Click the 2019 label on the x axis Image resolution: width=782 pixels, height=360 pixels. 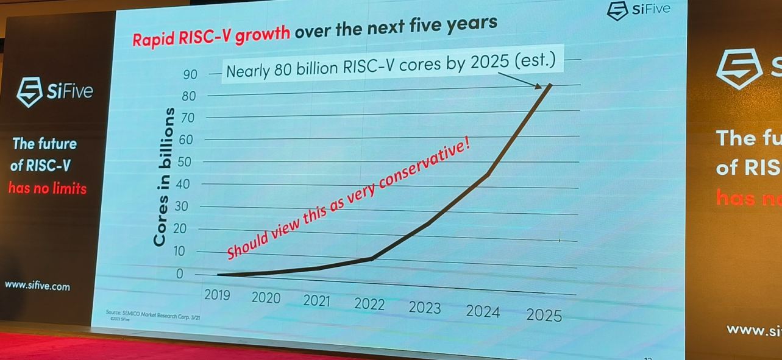(217, 294)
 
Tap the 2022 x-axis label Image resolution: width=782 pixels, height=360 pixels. (369, 304)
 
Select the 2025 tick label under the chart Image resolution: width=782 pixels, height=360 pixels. (544, 315)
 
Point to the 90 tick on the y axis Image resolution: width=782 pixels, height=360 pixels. (191, 75)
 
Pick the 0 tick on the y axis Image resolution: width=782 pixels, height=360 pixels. (179, 274)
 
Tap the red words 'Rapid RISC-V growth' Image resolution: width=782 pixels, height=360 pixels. (211, 35)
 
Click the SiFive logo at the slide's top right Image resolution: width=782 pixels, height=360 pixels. (639, 10)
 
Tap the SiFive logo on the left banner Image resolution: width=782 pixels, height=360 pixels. (55, 92)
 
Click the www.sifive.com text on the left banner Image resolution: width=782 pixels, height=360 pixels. (37, 286)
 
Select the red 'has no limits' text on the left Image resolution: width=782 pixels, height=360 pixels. (48, 188)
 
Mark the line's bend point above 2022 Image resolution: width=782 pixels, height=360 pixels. (372, 259)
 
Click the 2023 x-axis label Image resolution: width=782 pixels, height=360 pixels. (425, 308)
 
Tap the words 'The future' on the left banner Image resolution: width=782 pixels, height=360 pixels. (46, 144)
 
